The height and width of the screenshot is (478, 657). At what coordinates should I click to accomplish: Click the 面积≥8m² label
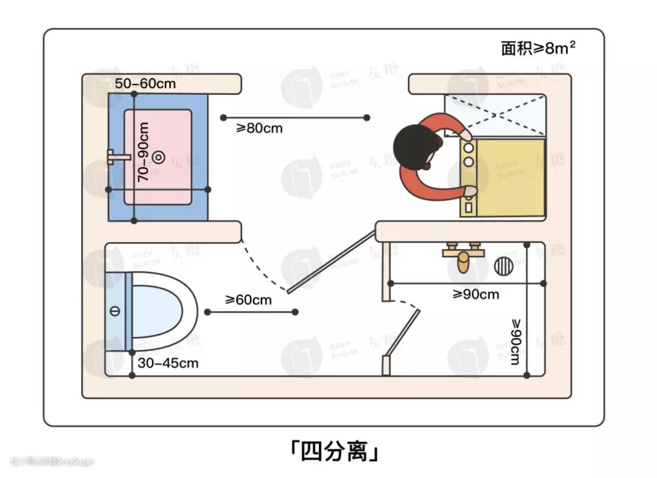click(x=538, y=48)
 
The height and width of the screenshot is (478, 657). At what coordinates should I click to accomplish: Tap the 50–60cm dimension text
click(x=145, y=83)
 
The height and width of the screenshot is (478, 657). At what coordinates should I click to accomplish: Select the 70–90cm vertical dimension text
click(x=144, y=152)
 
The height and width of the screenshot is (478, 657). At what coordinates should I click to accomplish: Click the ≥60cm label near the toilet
click(x=248, y=299)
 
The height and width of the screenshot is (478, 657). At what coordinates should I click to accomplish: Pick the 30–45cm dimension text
click(x=169, y=363)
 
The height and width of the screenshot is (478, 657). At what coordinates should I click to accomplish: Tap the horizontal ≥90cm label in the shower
click(x=476, y=294)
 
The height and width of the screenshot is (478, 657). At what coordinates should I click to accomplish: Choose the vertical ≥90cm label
click(x=515, y=341)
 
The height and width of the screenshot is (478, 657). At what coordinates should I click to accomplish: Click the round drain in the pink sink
click(x=158, y=158)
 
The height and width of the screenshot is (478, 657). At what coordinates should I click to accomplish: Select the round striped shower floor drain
click(x=504, y=266)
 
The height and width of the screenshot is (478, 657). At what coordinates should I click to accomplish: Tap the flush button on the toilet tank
click(x=115, y=311)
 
